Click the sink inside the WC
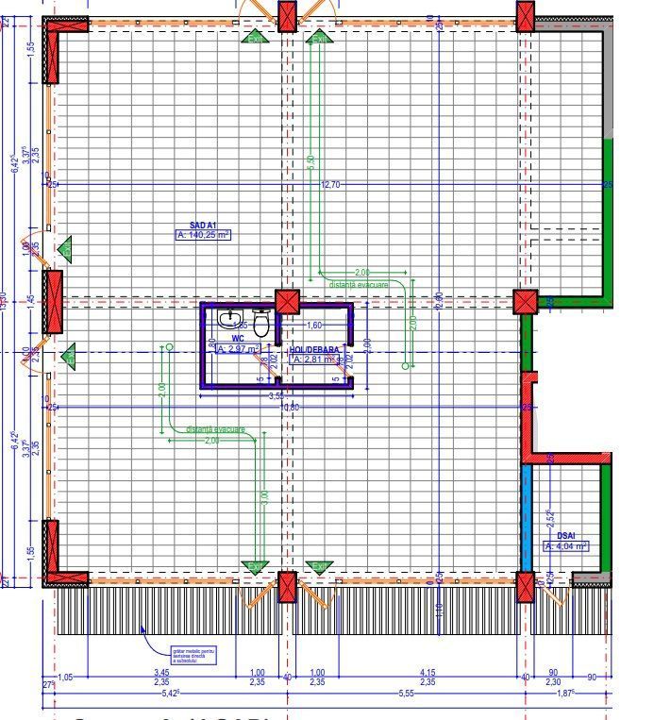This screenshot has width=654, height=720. tap(228, 319)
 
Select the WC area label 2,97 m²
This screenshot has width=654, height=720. tap(237, 349)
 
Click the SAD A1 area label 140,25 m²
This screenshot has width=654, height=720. tap(203, 236)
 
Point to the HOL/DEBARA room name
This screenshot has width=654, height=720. tap(313, 348)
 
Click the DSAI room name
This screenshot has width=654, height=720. tap(565, 535)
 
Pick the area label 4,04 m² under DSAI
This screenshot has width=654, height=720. tap(566, 545)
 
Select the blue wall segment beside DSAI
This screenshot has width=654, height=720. tap(527, 516)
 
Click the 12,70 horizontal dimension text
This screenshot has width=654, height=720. tap(330, 185)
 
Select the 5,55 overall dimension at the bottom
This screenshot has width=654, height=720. tap(406, 694)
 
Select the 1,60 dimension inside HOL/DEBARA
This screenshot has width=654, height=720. tap(314, 326)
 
